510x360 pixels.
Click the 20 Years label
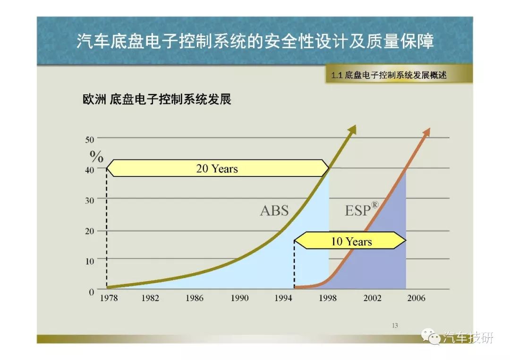[217, 168]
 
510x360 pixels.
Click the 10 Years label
[351, 242]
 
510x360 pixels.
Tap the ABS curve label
[274, 210]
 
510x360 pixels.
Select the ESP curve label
[358, 210]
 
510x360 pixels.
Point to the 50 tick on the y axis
[89, 140]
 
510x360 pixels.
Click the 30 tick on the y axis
[89, 201]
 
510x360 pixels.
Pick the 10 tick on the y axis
[89, 261]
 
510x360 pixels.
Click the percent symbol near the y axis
[97, 157]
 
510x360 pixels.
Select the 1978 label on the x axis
[109, 298]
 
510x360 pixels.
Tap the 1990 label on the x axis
[239, 298]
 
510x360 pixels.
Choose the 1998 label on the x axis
[328, 298]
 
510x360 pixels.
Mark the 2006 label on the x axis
[416, 298]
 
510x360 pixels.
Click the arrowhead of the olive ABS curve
[353, 130]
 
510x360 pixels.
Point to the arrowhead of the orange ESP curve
[427, 132]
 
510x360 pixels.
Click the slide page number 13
[395, 326]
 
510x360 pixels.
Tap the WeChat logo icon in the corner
[431, 336]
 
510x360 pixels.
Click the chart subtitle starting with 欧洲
[157, 99]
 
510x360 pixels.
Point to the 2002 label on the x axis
[372, 298]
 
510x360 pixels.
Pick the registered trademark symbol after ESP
[374, 205]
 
